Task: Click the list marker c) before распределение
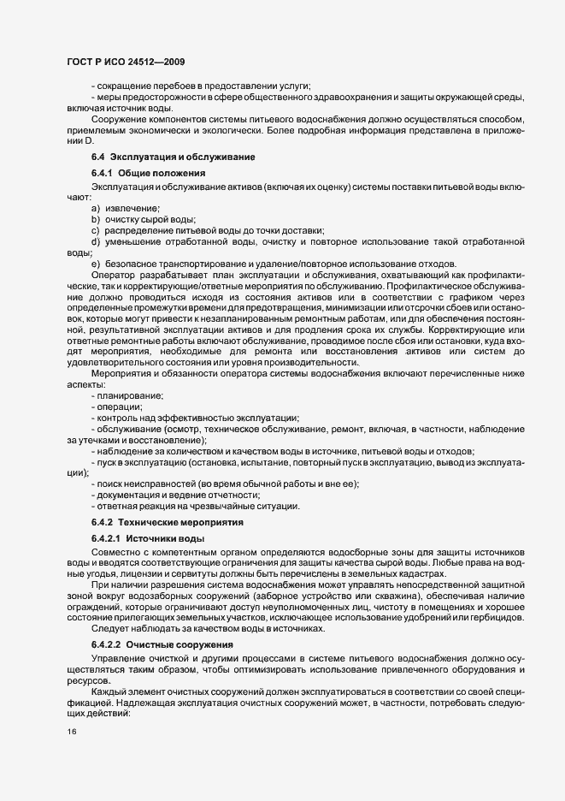pyautogui.click(x=96, y=231)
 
